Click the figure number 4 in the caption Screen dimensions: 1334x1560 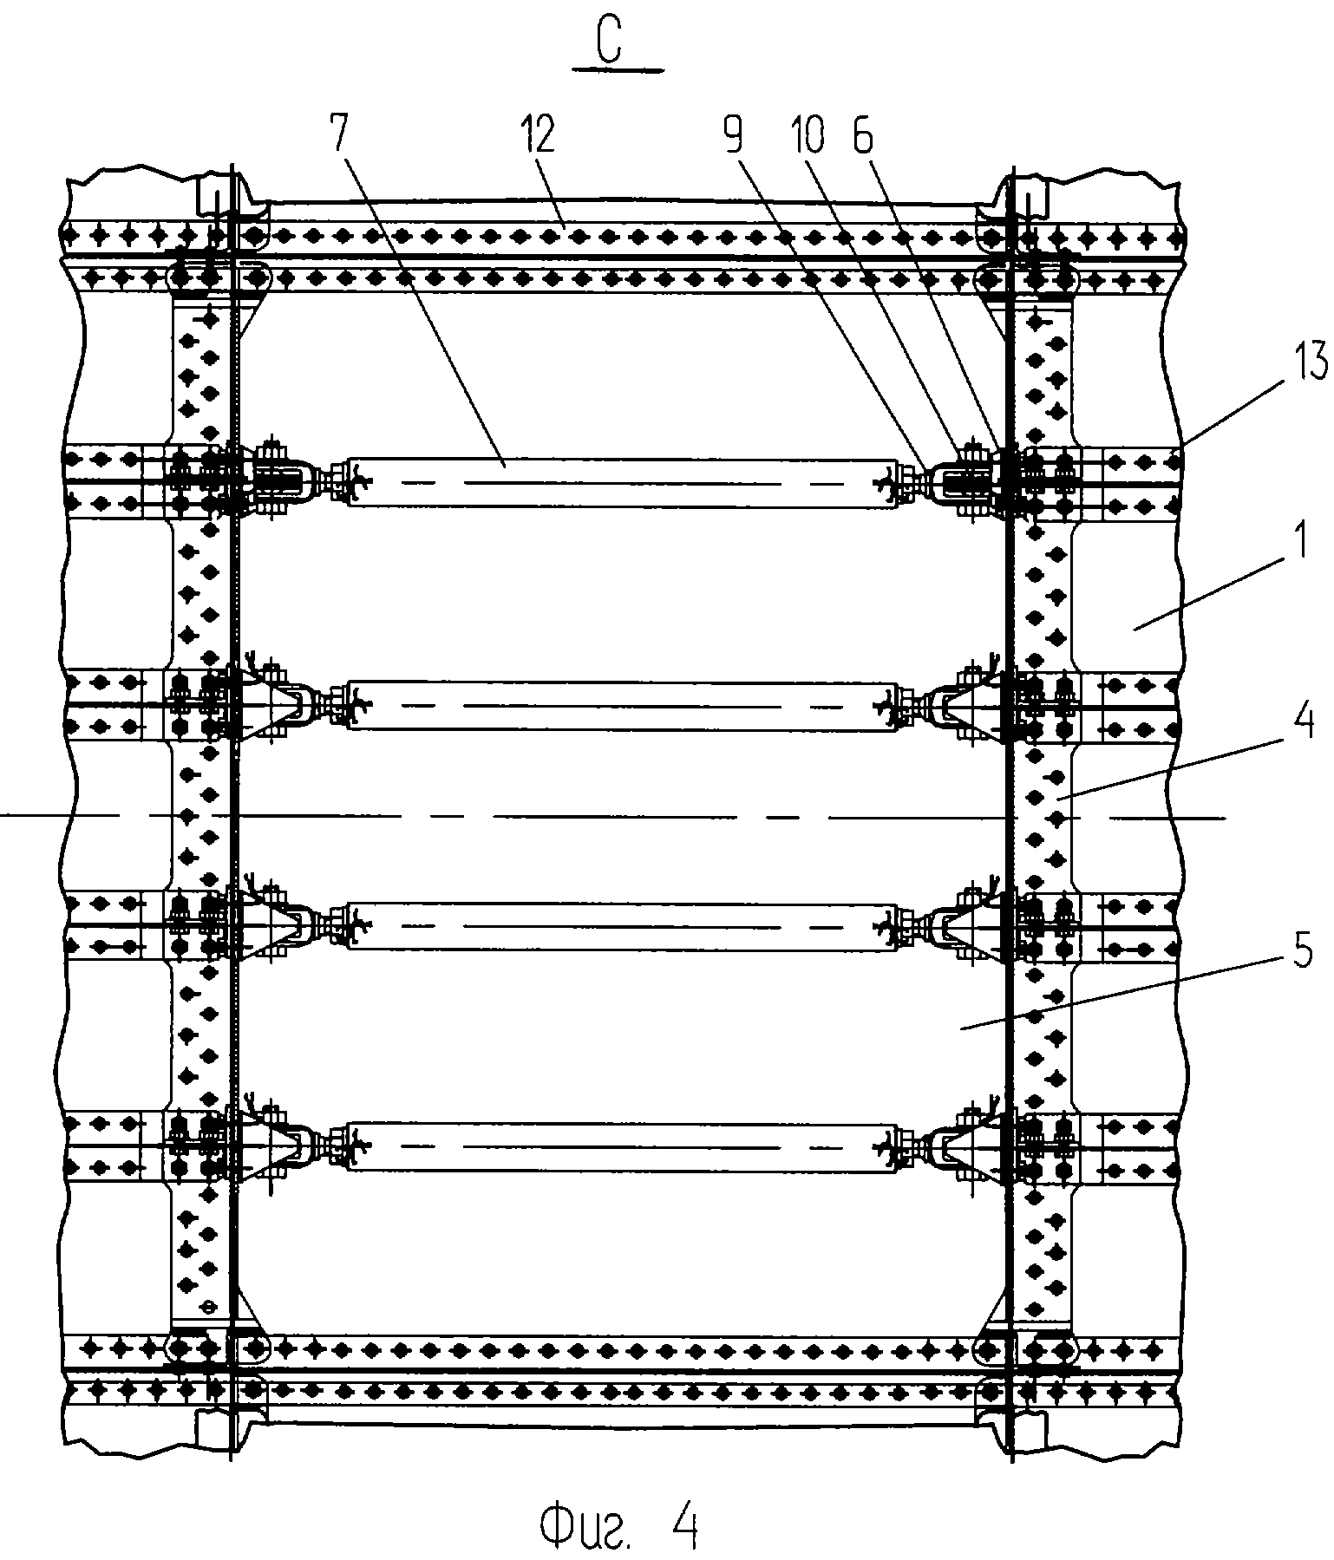click(x=683, y=1528)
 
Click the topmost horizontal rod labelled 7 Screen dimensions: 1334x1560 click(x=622, y=482)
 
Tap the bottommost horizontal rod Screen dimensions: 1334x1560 click(x=622, y=1147)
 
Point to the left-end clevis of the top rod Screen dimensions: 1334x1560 click(x=279, y=482)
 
